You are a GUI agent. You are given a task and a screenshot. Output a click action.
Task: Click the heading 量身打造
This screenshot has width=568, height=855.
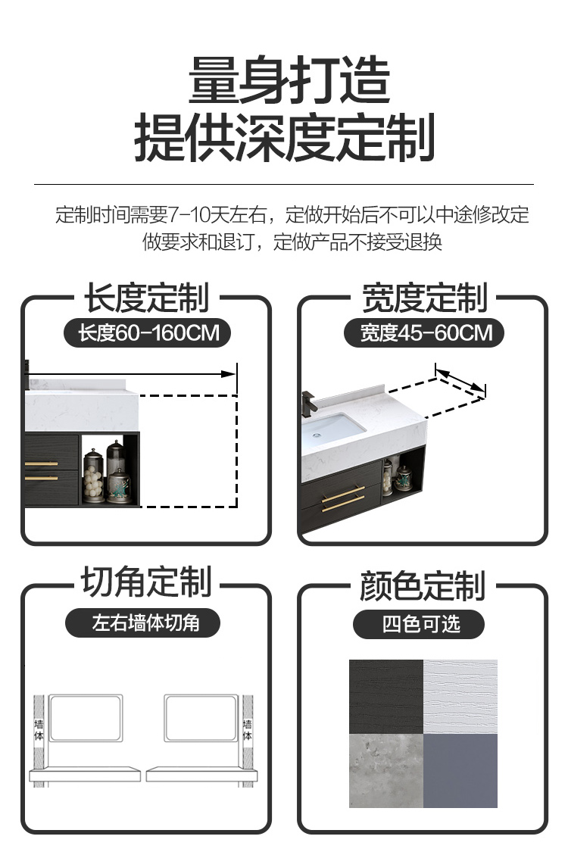pyautogui.click(x=289, y=80)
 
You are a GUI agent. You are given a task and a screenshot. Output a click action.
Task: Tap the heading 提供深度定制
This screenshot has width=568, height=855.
pyautogui.click(x=284, y=137)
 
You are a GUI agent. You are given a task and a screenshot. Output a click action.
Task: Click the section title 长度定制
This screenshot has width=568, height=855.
pyautogui.click(x=147, y=298)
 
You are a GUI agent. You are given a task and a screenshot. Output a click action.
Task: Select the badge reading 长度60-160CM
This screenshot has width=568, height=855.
pyautogui.click(x=147, y=332)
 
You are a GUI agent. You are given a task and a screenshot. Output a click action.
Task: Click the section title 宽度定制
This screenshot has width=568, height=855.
pyautogui.click(x=425, y=298)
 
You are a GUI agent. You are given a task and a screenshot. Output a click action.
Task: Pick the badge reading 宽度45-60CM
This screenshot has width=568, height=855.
pyautogui.click(x=424, y=332)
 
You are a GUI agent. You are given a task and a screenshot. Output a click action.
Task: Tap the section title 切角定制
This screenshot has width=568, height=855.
pyautogui.click(x=147, y=582)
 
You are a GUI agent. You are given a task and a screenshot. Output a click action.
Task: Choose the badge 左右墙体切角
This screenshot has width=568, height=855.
pyautogui.click(x=143, y=623)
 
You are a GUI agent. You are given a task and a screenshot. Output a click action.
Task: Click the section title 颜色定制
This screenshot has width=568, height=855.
pyautogui.click(x=423, y=586)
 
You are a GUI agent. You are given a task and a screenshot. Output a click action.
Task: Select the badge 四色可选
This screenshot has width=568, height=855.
pyautogui.click(x=419, y=624)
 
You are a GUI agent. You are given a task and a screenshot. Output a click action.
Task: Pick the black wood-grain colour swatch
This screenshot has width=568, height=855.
pyautogui.click(x=386, y=697)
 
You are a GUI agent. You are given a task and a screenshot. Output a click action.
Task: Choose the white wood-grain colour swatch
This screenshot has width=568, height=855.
pyautogui.click(x=460, y=697)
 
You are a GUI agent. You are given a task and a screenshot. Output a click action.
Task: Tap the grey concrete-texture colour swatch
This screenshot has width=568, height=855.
pyautogui.click(x=386, y=770)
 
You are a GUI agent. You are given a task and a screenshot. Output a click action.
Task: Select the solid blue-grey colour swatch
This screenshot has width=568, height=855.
pyautogui.click(x=460, y=770)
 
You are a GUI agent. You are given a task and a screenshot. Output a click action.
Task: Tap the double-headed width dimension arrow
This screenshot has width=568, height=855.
pyautogui.click(x=460, y=381)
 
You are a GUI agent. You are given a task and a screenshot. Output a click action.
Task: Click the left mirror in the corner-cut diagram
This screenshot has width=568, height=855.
pyautogui.click(x=86, y=718)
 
